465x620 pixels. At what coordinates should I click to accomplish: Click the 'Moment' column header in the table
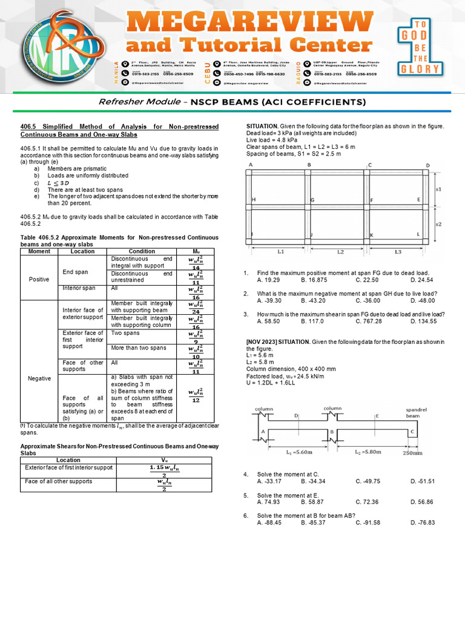[x=39, y=251]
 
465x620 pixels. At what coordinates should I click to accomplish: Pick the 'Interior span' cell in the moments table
[x=79, y=288]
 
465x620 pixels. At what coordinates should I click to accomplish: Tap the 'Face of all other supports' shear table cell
[x=58, y=481]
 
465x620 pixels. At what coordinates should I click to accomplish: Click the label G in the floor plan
[x=312, y=200]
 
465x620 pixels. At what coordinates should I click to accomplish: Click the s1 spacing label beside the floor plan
[x=438, y=189]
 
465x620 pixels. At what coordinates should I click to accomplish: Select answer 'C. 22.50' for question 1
[x=367, y=280]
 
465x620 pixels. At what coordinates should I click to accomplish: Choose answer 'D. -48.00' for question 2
[x=422, y=300]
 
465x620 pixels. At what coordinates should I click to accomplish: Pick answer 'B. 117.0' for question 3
[x=312, y=321]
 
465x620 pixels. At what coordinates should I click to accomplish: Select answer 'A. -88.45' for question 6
[x=269, y=523]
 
